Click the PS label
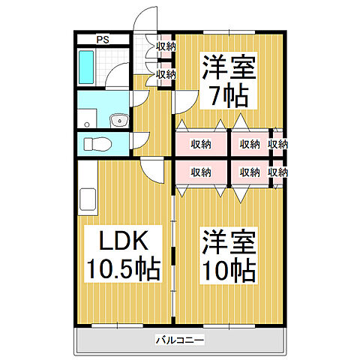point(102,39)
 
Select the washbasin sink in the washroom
point(117,120)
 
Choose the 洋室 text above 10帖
point(229,241)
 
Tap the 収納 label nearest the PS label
point(166,46)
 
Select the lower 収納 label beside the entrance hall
point(166,73)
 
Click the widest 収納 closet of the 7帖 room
point(201,144)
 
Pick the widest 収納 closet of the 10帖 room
point(201,172)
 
